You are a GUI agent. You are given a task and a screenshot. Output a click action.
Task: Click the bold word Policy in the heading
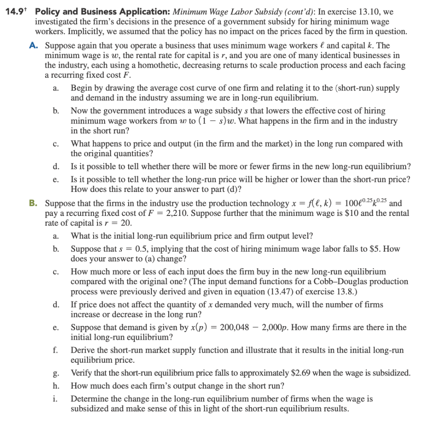coord(53,11)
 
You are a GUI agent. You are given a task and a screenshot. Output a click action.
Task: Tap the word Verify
coord(82,373)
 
